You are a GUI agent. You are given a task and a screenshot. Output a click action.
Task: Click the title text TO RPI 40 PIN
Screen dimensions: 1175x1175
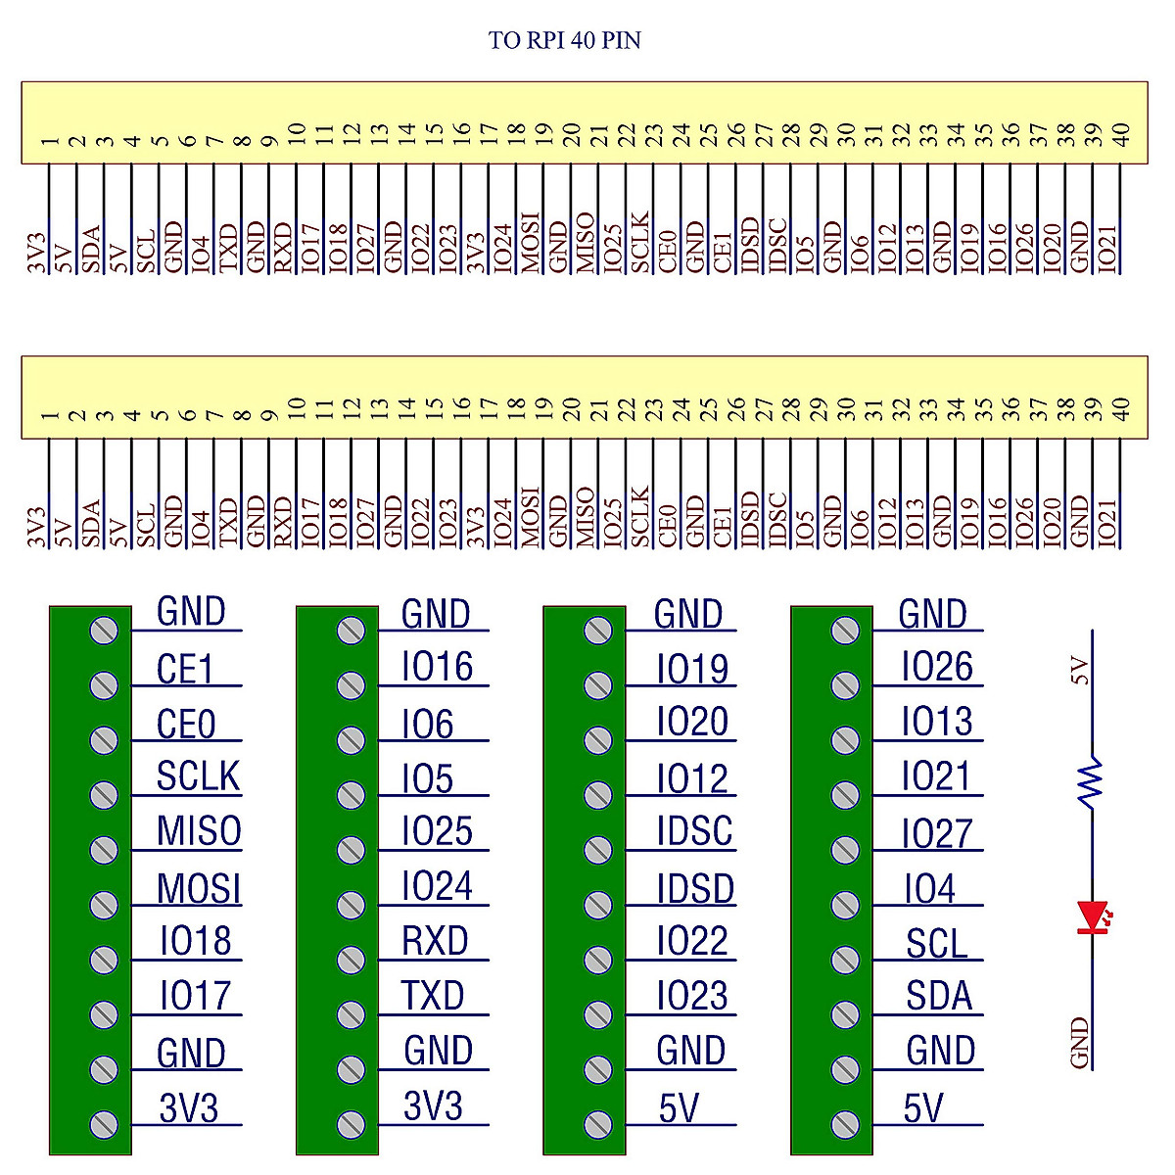point(565,40)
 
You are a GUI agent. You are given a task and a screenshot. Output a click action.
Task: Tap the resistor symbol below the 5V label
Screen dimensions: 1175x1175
point(1090,780)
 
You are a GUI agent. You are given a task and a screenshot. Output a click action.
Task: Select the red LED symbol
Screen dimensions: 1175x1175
point(1091,917)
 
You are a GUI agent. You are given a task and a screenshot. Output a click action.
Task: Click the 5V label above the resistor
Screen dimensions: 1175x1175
point(1081,672)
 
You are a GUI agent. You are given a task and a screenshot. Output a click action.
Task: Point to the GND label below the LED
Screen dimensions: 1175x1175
point(1081,1043)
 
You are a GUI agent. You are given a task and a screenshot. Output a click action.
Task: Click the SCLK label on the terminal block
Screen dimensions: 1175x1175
point(198,776)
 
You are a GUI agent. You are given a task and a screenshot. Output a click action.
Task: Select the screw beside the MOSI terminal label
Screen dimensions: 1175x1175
point(103,904)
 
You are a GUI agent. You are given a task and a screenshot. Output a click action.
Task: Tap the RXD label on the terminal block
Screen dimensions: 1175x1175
point(435,941)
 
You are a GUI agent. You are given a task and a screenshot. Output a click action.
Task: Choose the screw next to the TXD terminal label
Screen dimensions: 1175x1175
point(351,1013)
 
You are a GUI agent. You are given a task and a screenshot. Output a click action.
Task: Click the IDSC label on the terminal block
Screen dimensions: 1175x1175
point(694,831)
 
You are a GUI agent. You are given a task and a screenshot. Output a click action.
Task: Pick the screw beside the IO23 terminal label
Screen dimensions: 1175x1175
point(597,1013)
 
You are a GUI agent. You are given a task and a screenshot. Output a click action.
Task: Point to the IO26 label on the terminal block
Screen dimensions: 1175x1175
point(937,668)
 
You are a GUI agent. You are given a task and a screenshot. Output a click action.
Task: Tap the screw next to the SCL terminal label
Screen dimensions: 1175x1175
point(844,959)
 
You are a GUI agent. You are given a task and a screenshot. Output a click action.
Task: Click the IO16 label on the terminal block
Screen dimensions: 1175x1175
point(437,668)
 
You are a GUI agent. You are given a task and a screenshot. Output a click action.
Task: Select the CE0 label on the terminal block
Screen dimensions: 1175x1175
point(186,726)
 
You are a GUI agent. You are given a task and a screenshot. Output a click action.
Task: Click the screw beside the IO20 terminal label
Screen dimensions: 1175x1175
point(597,740)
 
